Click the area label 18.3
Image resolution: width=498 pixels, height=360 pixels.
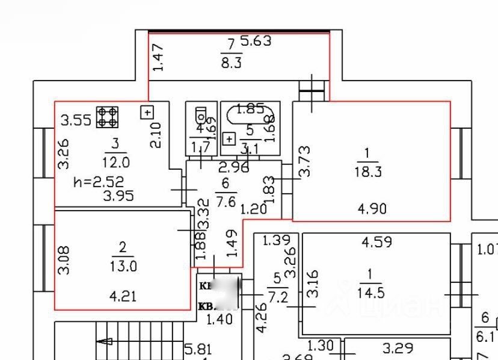369,172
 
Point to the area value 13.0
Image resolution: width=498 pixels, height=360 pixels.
123,265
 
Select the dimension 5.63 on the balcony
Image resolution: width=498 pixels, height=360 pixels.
256,41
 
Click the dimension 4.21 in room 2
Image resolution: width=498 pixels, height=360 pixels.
123,296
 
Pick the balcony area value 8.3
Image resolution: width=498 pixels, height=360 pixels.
232,62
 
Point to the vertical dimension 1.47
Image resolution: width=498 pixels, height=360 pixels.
158,58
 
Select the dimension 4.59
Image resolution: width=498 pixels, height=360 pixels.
377,243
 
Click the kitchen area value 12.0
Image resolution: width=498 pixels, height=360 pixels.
115,162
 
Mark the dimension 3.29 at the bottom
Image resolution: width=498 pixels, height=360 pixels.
398,348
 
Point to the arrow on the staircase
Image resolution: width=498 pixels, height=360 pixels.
105,341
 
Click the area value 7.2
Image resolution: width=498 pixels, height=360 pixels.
277,297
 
